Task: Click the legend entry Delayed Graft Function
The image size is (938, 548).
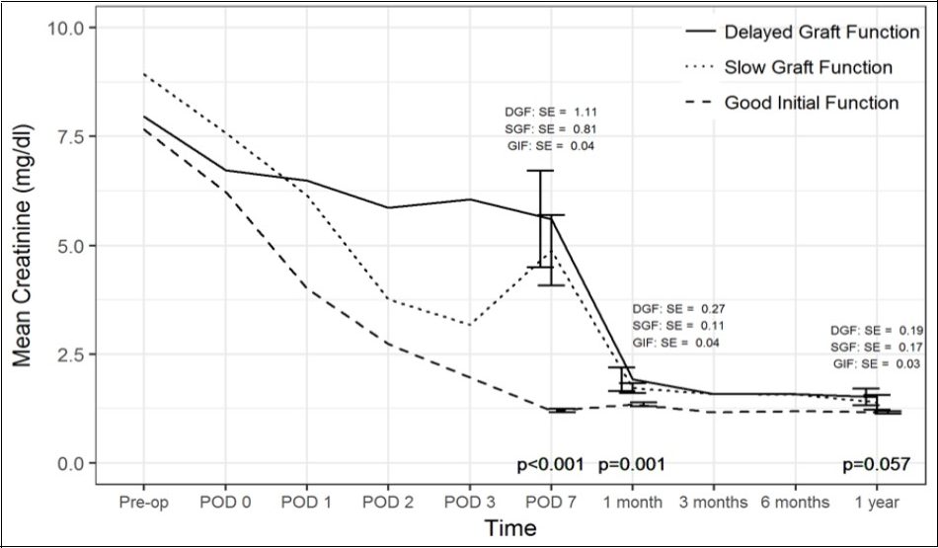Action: click(x=821, y=33)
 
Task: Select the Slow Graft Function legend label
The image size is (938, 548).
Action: click(x=808, y=68)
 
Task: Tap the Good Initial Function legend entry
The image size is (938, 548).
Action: click(x=811, y=103)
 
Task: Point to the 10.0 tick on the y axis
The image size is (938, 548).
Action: click(x=66, y=28)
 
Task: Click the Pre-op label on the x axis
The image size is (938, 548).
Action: click(x=143, y=503)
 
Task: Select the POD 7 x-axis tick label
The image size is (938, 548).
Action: click(x=550, y=503)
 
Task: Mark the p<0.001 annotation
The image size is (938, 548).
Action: click(x=550, y=464)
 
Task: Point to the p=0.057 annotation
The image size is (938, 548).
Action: click(x=875, y=464)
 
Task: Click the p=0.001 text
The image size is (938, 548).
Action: click(x=632, y=464)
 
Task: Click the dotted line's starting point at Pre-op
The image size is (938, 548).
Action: click(x=144, y=74)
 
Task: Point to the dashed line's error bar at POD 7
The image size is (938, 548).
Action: click(x=563, y=410)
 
